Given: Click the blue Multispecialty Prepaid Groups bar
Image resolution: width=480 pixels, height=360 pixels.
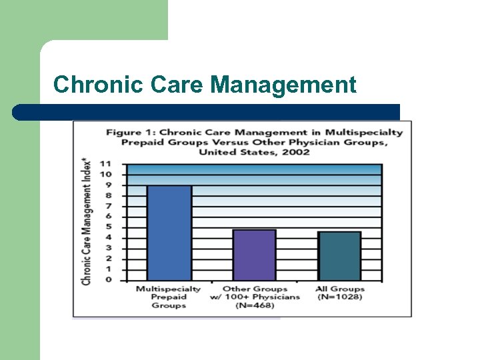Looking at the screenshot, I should pos(169,233).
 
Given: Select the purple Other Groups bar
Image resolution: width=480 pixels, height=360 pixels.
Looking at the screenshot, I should pos(254,255).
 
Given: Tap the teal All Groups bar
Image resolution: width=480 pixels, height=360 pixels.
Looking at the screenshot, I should pos(339,256).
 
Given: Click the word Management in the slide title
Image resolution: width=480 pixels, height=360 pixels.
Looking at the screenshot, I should pos(283,85).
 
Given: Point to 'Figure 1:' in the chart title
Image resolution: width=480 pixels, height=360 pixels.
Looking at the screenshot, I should pos(131,132).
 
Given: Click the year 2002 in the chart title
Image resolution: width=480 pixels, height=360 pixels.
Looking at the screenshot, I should pos(296,152).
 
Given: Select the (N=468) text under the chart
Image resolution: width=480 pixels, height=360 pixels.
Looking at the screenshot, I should pos(255,305).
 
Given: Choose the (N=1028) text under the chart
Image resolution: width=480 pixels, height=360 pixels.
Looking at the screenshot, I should pos(339,297).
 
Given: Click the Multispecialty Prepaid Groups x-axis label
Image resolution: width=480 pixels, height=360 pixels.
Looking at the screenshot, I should pos(168,297).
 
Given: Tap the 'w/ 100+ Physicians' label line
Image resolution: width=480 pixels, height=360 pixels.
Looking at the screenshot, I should pos(255,297).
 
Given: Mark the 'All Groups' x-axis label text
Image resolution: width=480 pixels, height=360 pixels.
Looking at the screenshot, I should pos(340,289).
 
